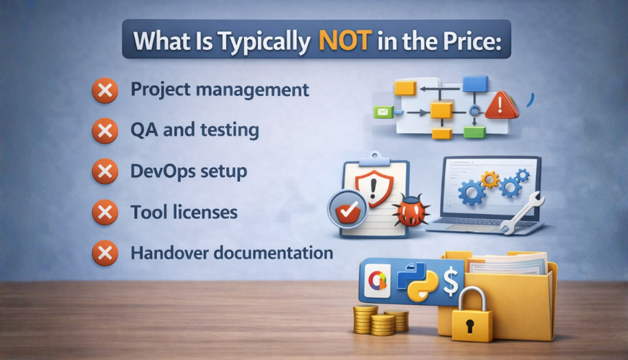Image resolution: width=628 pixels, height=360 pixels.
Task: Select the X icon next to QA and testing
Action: (x=105, y=132)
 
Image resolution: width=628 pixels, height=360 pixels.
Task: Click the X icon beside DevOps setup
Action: (x=105, y=172)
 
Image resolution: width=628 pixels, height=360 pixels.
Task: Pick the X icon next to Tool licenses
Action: (x=105, y=213)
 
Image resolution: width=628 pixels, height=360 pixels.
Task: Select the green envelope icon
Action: (x=381, y=112)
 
